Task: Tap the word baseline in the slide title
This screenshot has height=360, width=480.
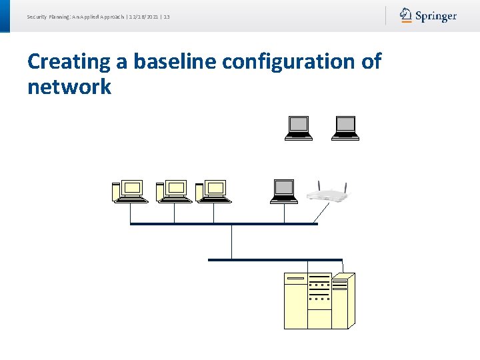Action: coord(175,61)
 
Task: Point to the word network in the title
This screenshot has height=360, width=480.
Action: coord(69,87)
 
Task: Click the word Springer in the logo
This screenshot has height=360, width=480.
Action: coord(436,16)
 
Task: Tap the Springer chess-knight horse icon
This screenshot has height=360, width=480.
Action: coord(406,15)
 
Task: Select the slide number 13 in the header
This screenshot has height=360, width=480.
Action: coord(166,16)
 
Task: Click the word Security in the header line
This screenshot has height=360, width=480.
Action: coord(37,16)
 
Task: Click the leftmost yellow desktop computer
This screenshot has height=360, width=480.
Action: coord(130,191)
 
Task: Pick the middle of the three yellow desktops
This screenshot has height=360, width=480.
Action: coord(173,191)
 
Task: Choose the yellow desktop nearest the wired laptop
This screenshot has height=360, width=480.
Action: coord(213,191)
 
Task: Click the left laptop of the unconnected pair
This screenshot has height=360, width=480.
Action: coord(299,128)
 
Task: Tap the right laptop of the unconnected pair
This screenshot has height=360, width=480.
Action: coord(345,128)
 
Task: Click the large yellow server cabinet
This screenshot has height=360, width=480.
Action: coord(319,301)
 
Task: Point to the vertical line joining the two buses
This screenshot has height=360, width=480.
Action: coord(231,241)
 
